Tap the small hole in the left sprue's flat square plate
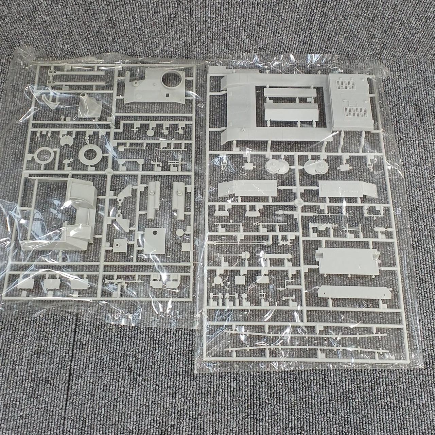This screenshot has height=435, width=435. pos(153,233)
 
